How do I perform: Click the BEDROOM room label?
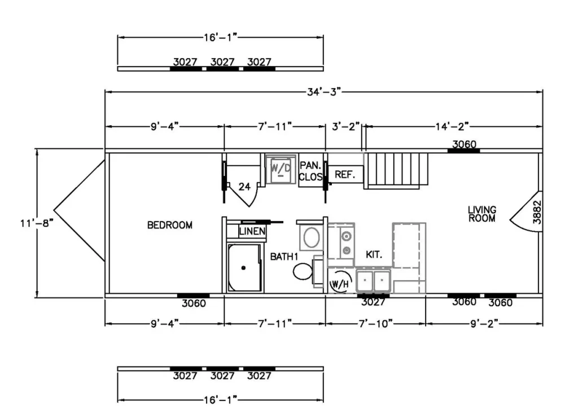click(x=169, y=225)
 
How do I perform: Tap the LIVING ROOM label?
click(x=482, y=214)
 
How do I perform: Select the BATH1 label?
click(x=284, y=257)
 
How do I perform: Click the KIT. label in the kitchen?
click(x=374, y=254)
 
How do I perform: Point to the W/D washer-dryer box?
click(x=281, y=169)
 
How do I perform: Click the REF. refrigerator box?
click(x=345, y=174)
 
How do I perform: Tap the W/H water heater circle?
click(x=340, y=282)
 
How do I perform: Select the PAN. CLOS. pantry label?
click(x=310, y=171)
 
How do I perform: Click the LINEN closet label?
click(x=252, y=231)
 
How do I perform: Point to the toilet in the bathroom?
click(x=303, y=272)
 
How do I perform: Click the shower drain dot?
click(x=243, y=268)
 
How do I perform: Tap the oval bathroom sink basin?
click(x=312, y=237)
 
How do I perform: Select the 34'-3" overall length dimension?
click(x=324, y=92)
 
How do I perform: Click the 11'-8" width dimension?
click(x=37, y=223)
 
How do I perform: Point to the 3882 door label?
click(x=537, y=212)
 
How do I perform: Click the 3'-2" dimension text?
click(x=345, y=126)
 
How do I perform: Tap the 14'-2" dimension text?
click(x=452, y=126)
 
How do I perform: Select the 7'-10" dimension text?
click(x=375, y=324)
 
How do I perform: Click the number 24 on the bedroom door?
click(x=244, y=187)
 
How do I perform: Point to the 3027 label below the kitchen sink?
click(x=373, y=302)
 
